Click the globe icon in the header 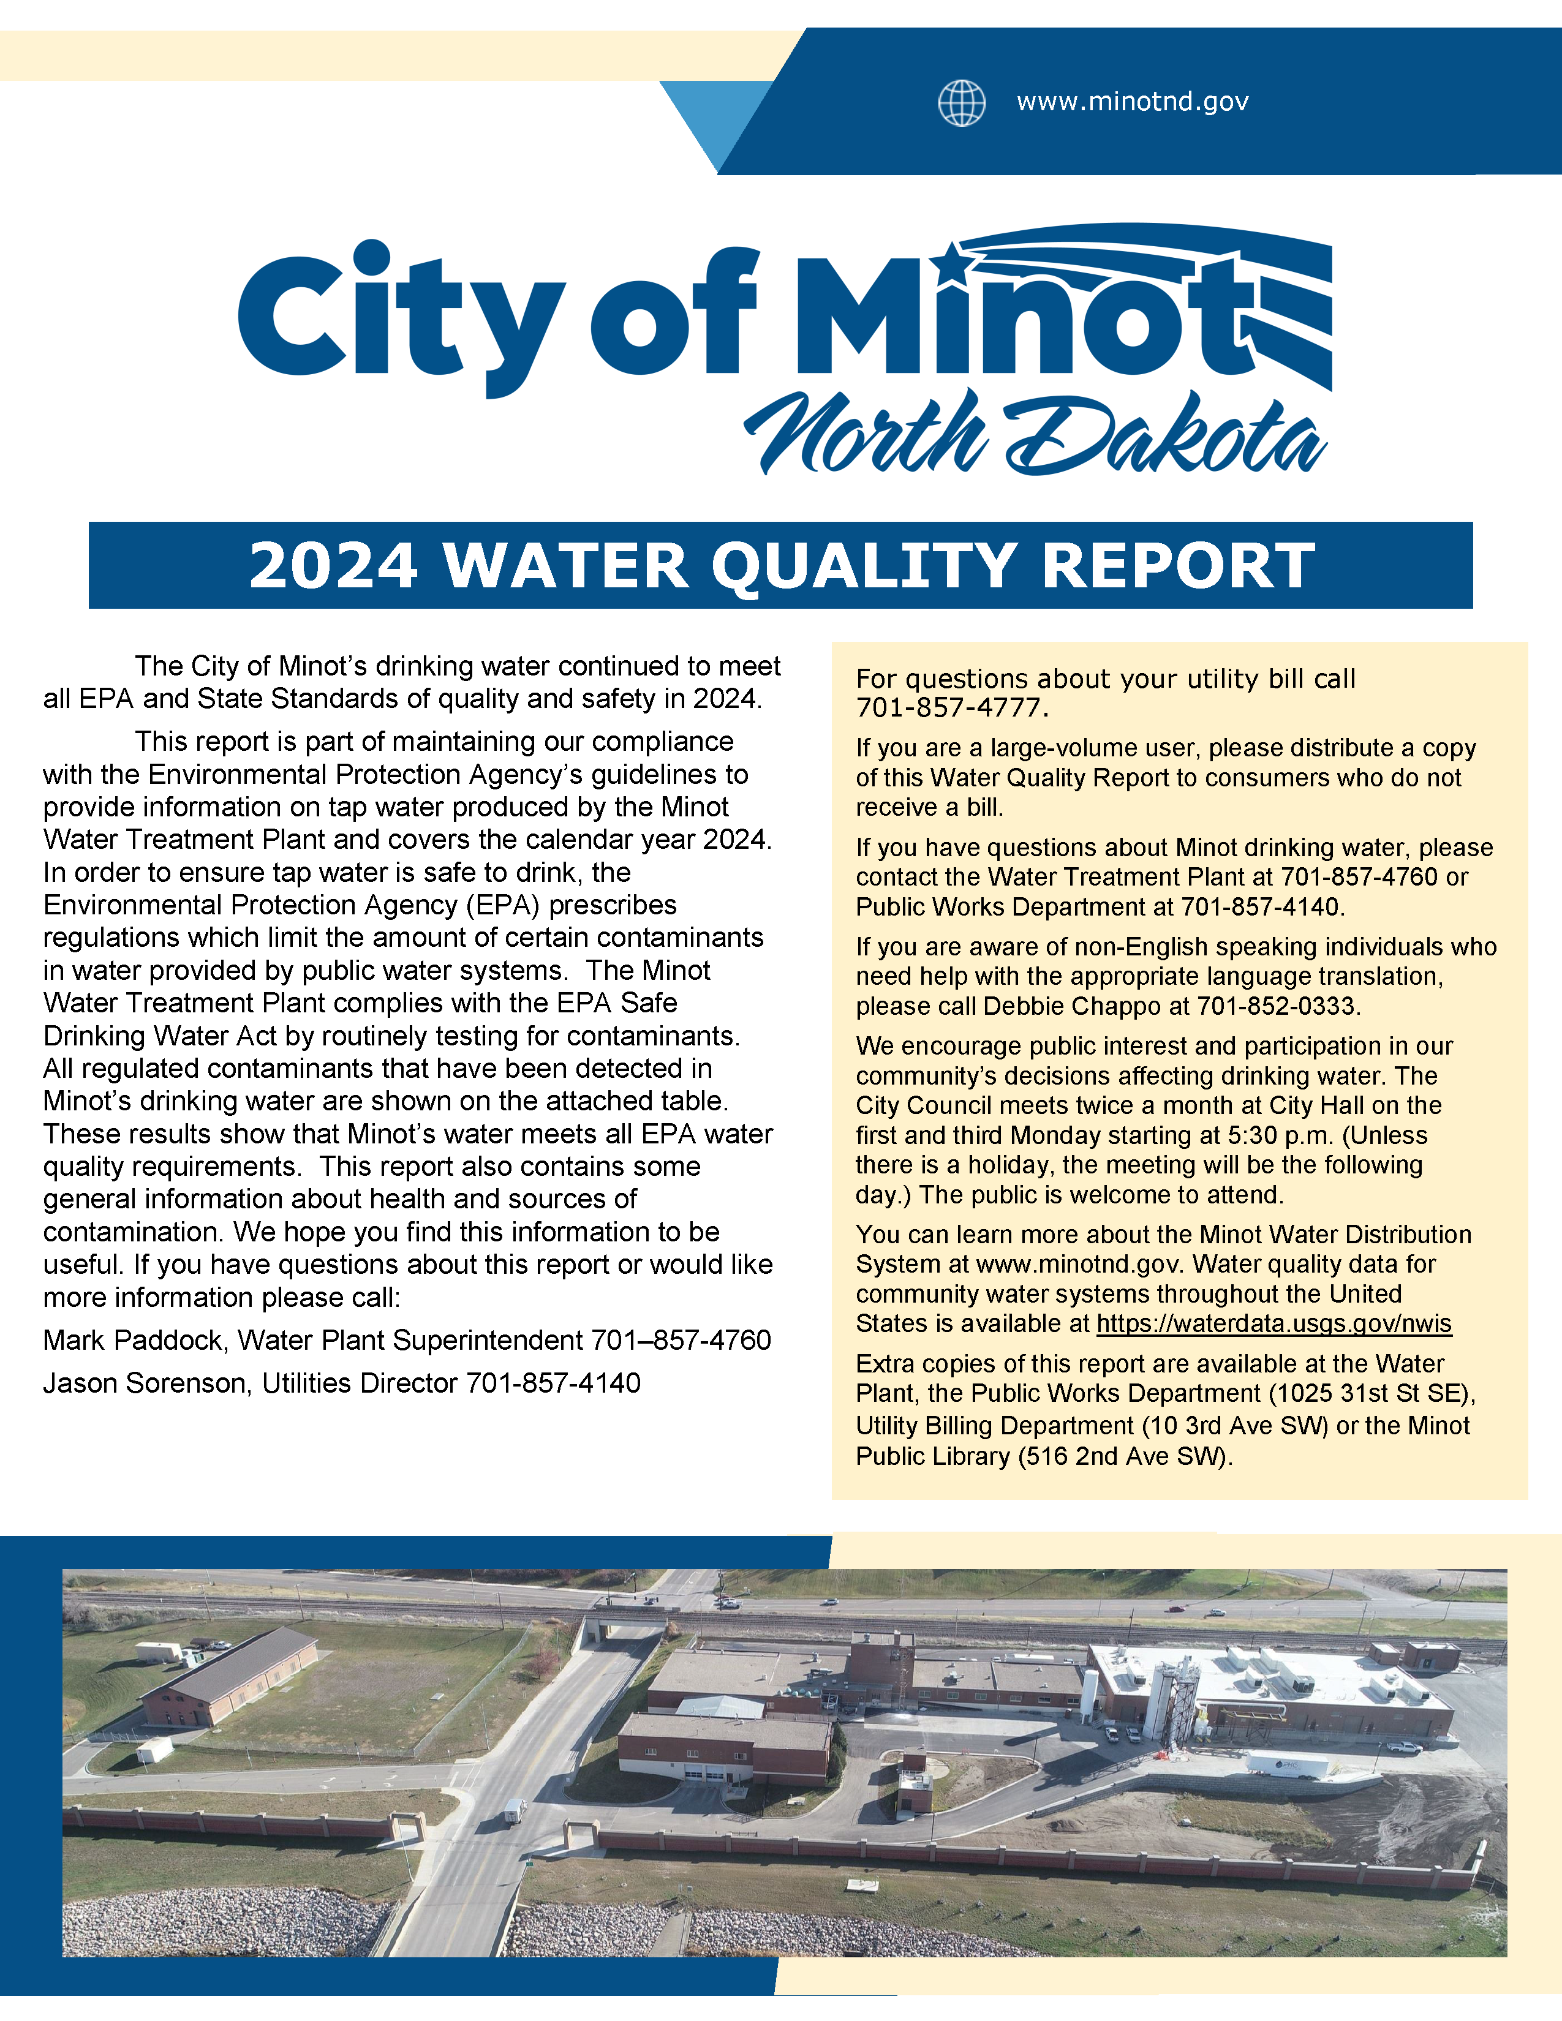pos(962,103)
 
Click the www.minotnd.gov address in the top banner pos(1133,102)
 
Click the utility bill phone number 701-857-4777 pos(951,709)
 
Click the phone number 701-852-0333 pos(1277,1006)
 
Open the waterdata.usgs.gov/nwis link pos(1273,1324)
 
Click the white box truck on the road pos(515,1809)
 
